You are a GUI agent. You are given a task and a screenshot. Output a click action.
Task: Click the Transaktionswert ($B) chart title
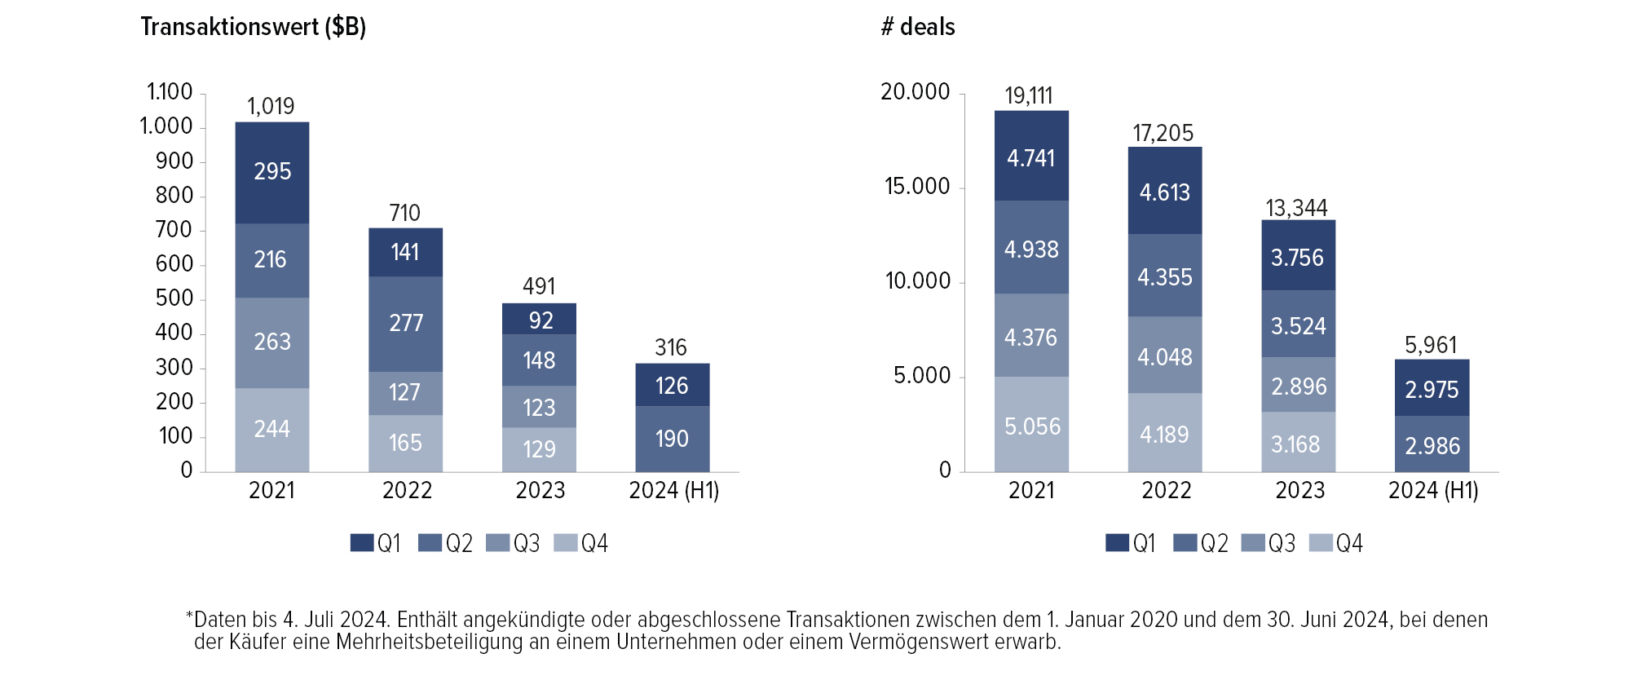click(x=253, y=27)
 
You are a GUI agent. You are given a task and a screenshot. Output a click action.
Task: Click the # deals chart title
click(x=918, y=27)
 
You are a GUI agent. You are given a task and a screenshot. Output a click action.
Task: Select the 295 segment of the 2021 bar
click(x=272, y=172)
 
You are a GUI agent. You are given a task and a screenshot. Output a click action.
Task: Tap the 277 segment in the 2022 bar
click(x=406, y=324)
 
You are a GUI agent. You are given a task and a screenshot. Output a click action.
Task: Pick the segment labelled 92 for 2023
click(x=540, y=320)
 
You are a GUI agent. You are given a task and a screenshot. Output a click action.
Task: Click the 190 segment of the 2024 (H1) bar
click(x=673, y=439)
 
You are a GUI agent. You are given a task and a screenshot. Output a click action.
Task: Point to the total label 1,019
click(x=271, y=106)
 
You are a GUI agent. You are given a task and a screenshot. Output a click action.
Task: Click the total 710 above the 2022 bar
click(x=405, y=213)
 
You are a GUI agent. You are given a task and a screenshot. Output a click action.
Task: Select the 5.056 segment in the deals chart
click(x=1032, y=426)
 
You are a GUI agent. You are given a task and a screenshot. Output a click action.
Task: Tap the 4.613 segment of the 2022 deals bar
click(x=1165, y=192)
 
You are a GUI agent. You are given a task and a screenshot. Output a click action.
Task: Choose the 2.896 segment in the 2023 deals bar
click(x=1299, y=386)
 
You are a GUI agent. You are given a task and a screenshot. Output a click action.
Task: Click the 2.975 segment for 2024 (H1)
click(x=1432, y=389)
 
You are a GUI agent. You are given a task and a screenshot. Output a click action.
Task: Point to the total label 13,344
click(x=1296, y=208)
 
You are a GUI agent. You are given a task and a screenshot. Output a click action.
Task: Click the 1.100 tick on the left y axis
click(x=170, y=92)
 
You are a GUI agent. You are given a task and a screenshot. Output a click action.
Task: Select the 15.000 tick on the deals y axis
click(x=917, y=187)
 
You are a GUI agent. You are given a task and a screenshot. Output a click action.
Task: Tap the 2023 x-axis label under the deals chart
click(x=1299, y=490)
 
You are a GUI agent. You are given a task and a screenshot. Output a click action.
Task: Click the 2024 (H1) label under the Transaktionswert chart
click(x=674, y=490)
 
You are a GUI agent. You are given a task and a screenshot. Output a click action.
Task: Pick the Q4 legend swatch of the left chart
click(x=566, y=543)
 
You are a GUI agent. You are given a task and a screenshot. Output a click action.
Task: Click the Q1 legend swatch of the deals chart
click(x=1118, y=543)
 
